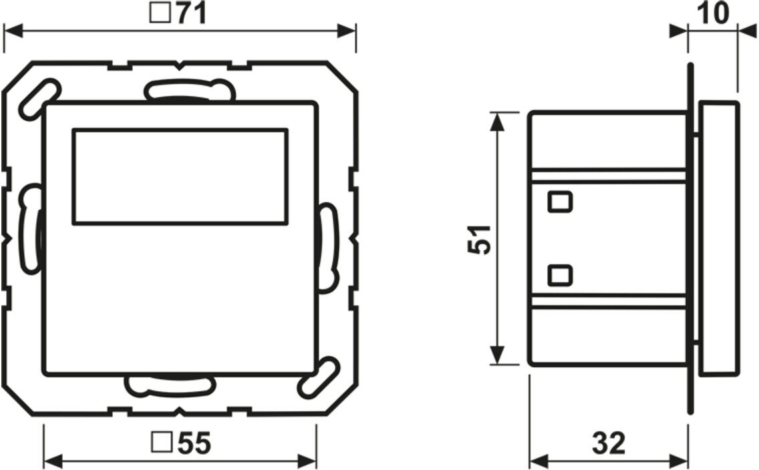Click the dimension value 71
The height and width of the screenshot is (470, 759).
pyautogui.click(x=191, y=13)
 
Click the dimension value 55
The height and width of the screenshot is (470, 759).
pyautogui.click(x=194, y=443)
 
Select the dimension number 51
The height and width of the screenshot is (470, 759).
pyautogui.click(x=479, y=240)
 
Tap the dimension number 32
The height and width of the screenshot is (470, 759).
pyautogui.click(x=609, y=443)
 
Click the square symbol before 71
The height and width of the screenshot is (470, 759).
pyautogui.click(x=160, y=13)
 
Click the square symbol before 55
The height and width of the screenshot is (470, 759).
pyautogui.click(x=162, y=443)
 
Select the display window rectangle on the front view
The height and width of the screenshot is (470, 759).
pyautogui.click(x=180, y=177)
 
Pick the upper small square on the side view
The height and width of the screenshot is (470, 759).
pyautogui.click(x=561, y=202)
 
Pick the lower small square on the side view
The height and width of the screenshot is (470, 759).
pyautogui.click(x=561, y=275)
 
